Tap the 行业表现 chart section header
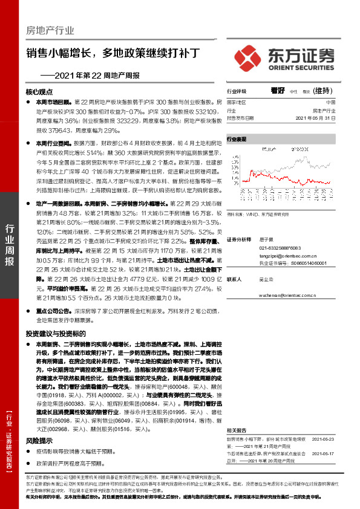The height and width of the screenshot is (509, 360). point(237,139)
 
